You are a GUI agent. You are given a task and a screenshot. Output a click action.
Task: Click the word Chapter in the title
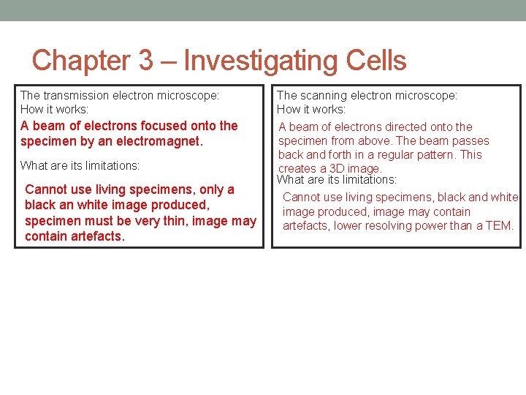(81, 61)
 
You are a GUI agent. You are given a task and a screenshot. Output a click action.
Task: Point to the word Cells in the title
(376, 61)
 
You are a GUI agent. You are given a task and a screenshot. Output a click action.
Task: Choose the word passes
(471, 140)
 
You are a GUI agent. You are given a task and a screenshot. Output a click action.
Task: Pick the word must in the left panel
(96, 221)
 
